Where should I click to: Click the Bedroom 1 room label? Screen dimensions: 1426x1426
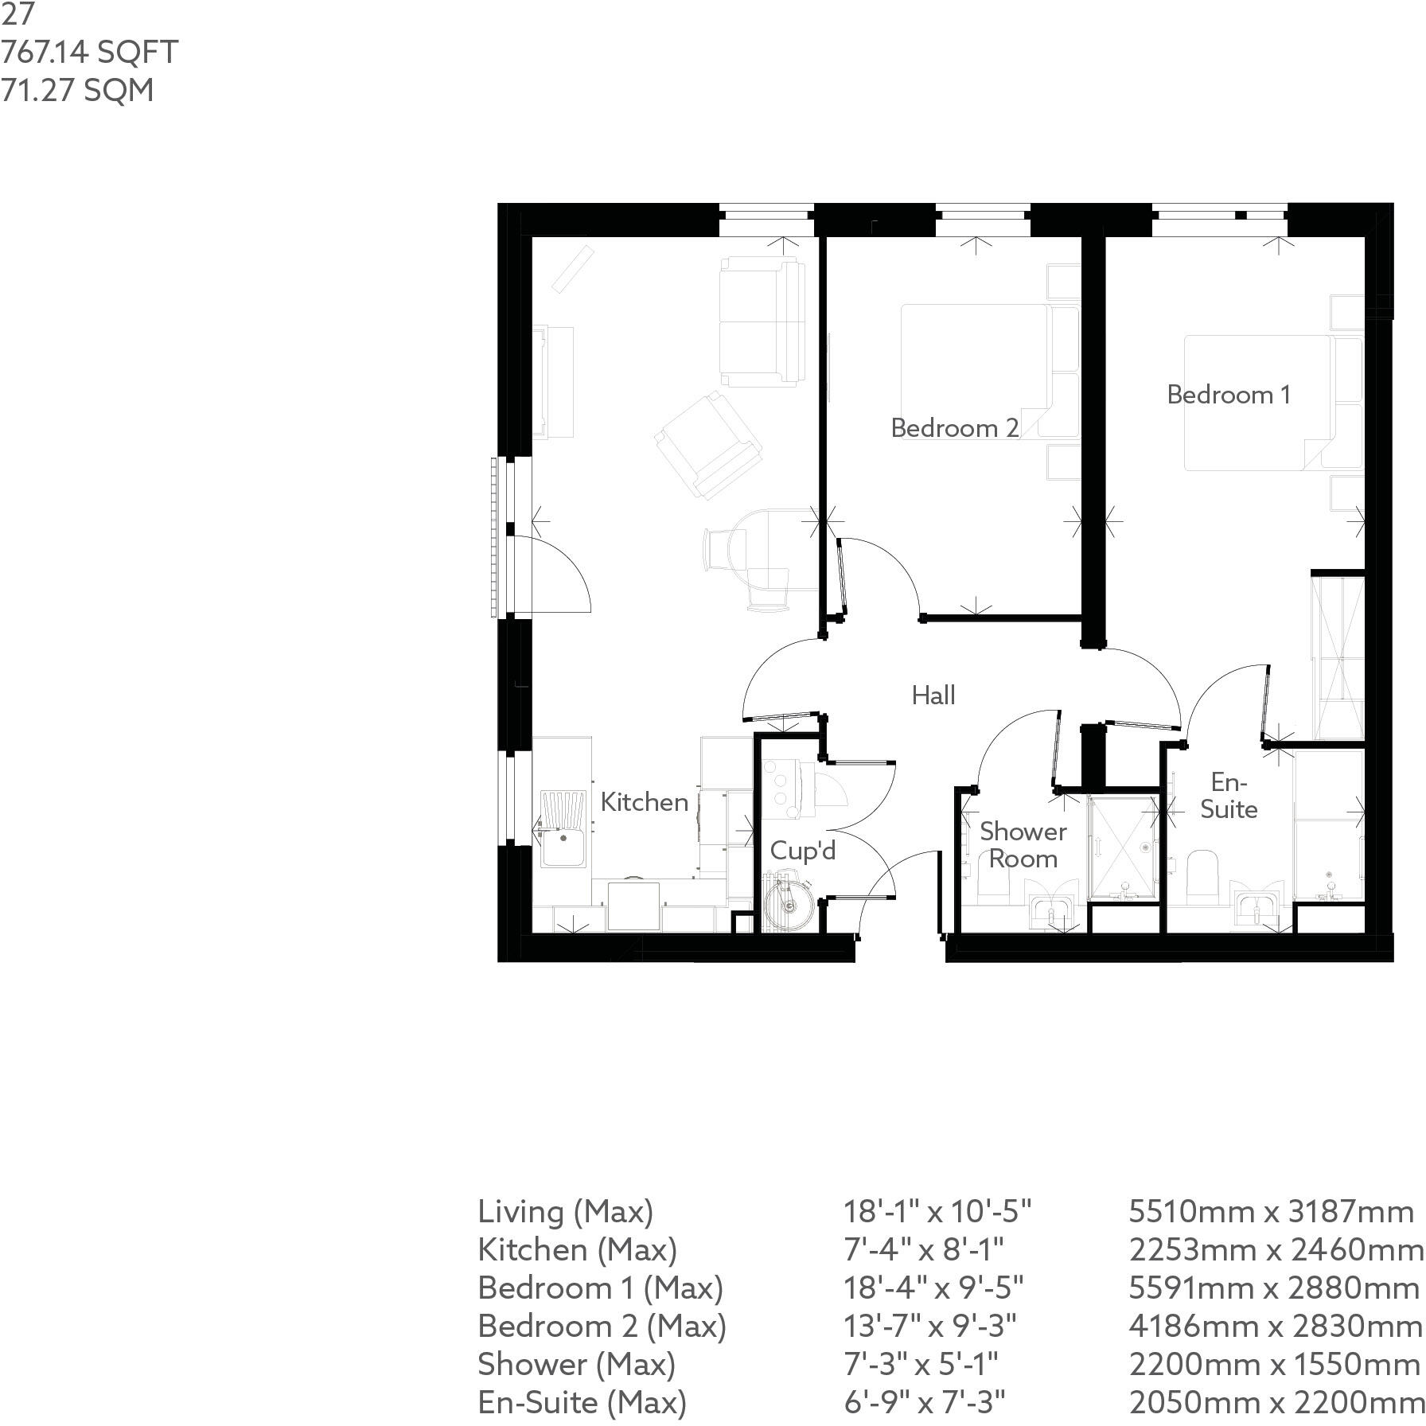(1228, 395)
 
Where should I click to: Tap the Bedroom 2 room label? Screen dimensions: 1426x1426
(954, 428)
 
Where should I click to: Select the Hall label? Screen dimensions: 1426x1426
(933, 695)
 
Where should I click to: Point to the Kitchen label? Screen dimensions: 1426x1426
(644, 802)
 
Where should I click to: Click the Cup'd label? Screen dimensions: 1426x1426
(802, 851)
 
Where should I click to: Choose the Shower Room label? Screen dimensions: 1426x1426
(1023, 845)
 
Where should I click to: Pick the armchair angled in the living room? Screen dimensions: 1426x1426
(707, 445)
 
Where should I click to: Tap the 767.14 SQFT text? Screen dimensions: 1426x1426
(89, 53)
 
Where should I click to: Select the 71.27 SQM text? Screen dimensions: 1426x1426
(77, 90)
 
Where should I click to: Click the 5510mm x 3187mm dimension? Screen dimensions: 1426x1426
(1270, 1212)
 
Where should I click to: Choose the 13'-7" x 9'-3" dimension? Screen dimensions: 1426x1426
(929, 1327)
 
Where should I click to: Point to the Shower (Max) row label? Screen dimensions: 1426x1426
(576, 1365)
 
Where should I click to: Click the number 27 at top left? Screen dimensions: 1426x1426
(17, 14)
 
